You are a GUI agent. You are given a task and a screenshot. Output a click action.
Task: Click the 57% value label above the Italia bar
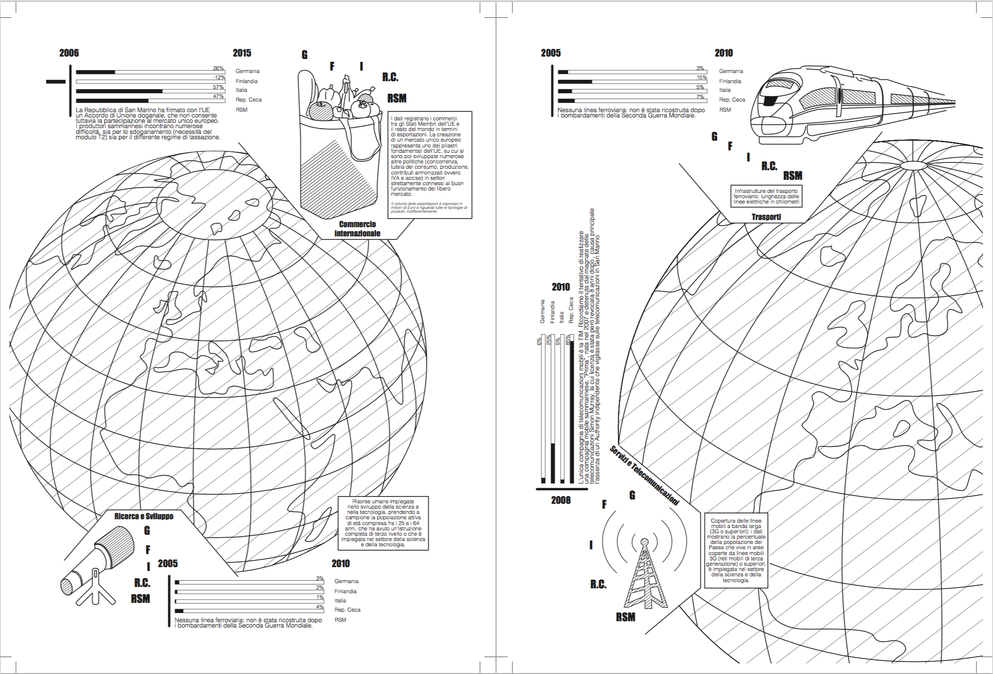[219, 87]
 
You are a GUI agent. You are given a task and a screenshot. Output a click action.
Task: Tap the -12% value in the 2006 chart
[219, 77]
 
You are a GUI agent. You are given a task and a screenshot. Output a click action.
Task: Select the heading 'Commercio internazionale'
[357, 229]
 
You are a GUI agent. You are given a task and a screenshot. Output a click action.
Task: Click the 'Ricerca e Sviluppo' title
[144, 516]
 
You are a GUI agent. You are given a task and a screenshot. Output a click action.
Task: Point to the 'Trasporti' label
[766, 217]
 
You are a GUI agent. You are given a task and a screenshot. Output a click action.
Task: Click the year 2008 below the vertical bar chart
[561, 500]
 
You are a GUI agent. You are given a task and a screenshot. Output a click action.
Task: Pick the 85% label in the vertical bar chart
[568, 340]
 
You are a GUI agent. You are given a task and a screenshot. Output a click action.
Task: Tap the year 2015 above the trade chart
[242, 53]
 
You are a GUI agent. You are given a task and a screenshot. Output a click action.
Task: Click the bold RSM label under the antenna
[626, 617]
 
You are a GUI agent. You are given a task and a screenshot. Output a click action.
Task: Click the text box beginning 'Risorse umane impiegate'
[383, 523]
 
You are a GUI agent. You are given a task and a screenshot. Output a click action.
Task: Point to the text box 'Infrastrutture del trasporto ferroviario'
[766, 196]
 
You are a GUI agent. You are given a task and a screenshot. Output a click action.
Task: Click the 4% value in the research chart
[320, 607]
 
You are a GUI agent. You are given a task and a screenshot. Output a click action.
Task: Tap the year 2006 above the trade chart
[69, 53]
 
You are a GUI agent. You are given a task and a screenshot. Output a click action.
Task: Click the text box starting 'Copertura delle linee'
[736, 550]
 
